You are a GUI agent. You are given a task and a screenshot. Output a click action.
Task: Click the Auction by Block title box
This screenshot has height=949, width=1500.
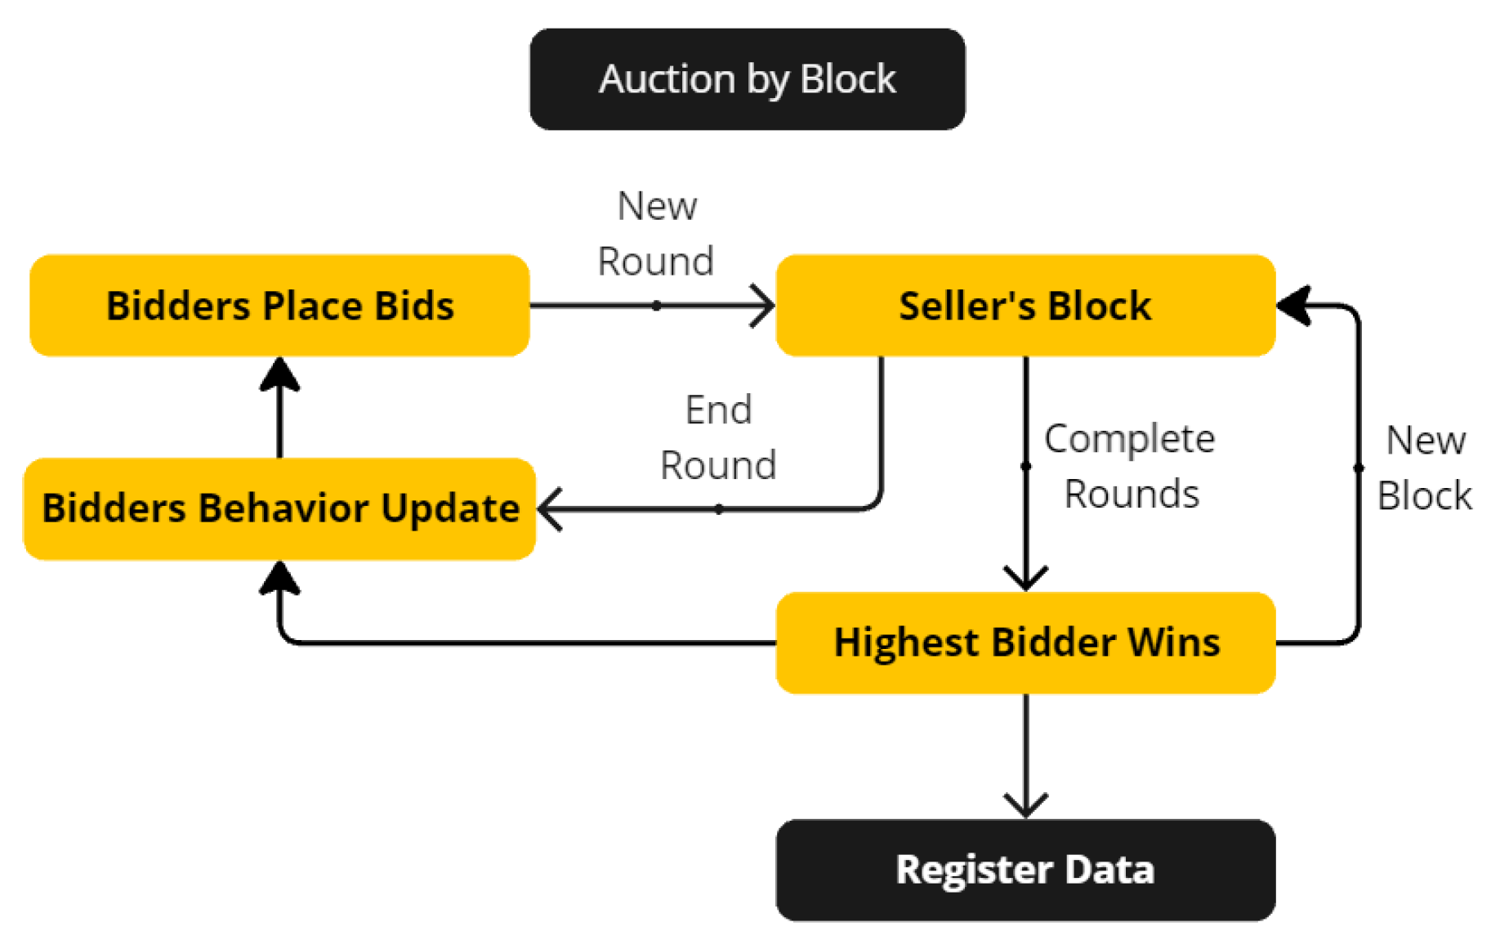[x=747, y=79]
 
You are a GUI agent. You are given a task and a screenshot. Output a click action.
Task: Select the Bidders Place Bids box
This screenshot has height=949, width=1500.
[x=279, y=306]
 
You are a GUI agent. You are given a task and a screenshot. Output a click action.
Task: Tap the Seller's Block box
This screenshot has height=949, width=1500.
[x=1025, y=306]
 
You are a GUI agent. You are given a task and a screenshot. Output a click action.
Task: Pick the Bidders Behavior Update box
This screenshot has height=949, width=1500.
[x=279, y=508]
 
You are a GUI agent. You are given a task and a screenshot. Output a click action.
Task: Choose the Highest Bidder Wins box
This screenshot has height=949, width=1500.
[x=1025, y=642]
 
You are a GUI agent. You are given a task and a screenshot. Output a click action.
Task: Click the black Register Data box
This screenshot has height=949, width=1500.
[x=1025, y=870]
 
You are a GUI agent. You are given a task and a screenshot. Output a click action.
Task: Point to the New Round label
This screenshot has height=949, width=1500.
[x=656, y=234]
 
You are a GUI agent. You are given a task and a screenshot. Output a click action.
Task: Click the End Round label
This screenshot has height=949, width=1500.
[x=717, y=437]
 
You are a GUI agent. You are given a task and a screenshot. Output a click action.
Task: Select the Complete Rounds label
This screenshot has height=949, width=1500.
[x=1130, y=466]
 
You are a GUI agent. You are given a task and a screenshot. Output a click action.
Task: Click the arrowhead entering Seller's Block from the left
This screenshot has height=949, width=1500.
[x=764, y=306]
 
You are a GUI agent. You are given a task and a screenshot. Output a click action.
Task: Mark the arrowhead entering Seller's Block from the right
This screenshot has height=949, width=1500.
[x=1292, y=306]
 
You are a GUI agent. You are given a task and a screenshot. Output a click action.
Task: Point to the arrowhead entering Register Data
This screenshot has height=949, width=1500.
[x=1025, y=806]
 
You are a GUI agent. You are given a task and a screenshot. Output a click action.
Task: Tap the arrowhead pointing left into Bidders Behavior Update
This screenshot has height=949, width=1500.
[x=550, y=509]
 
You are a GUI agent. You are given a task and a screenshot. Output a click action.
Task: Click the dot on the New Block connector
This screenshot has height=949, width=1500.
[x=1359, y=468]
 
